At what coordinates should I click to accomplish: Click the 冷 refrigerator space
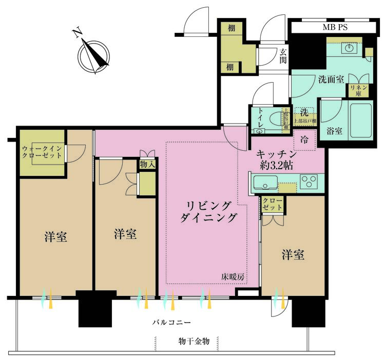(x=304, y=139)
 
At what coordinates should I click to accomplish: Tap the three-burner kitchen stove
(x=309, y=181)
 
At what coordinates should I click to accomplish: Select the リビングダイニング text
(x=208, y=211)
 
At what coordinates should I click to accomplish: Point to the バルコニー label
(x=171, y=323)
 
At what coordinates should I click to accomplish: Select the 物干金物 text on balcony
(x=187, y=342)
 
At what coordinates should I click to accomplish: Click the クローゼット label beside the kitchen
(x=272, y=204)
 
